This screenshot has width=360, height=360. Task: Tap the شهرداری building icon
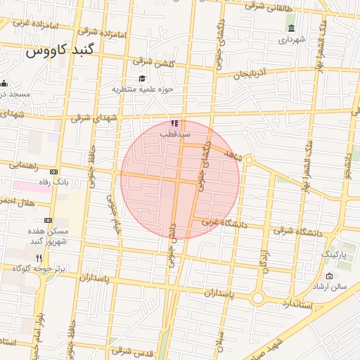coord(291,28)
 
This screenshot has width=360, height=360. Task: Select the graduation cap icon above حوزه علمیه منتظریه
coord(142,79)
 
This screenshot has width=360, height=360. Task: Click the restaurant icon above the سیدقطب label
coord(174,123)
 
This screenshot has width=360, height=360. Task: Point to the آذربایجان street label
coord(250,72)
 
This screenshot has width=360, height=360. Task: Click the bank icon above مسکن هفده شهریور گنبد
coord(48,220)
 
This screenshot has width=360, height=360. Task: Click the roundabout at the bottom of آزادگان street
coord(258,298)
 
